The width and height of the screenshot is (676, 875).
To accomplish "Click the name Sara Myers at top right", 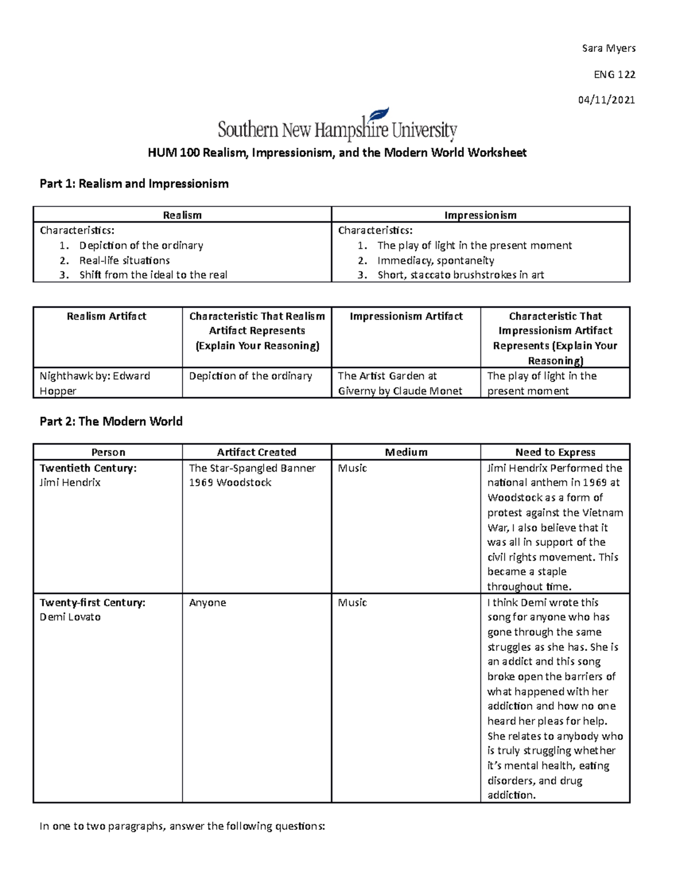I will click(608, 48).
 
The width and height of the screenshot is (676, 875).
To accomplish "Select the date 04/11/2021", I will click(606, 100).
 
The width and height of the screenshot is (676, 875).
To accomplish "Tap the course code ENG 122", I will click(614, 74).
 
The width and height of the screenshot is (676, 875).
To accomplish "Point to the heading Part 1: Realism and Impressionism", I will click(134, 184).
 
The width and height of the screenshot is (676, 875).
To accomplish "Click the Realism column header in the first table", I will click(182, 215).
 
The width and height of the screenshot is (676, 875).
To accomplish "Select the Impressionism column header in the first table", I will click(480, 215).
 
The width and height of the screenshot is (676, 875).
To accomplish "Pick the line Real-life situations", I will click(124, 260).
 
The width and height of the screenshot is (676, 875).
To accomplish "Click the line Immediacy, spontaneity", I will click(435, 260).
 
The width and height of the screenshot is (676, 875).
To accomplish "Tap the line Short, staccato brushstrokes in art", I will click(460, 275).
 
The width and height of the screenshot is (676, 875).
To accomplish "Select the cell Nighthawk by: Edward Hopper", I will click(95, 383).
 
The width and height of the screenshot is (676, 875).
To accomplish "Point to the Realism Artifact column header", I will click(106, 317).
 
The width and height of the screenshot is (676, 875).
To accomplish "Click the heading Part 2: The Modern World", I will click(111, 421).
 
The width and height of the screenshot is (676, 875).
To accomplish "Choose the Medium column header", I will click(406, 452).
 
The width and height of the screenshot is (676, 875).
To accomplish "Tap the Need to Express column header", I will click(555, 452).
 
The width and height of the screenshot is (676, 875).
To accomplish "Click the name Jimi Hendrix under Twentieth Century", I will click(70, 483).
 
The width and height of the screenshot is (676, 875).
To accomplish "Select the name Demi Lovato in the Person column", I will click(70, 617).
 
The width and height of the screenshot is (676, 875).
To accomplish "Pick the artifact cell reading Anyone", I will click(207, 603).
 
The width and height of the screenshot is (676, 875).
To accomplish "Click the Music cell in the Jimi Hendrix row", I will click(352, 468).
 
